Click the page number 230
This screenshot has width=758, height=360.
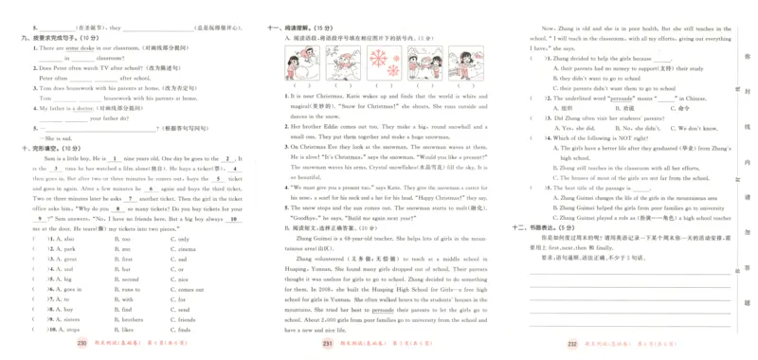(x=81, y=344)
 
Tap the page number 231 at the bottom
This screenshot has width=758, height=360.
(x=328, y=344)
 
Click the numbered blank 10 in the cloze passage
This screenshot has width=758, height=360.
(x=235, y=217)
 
